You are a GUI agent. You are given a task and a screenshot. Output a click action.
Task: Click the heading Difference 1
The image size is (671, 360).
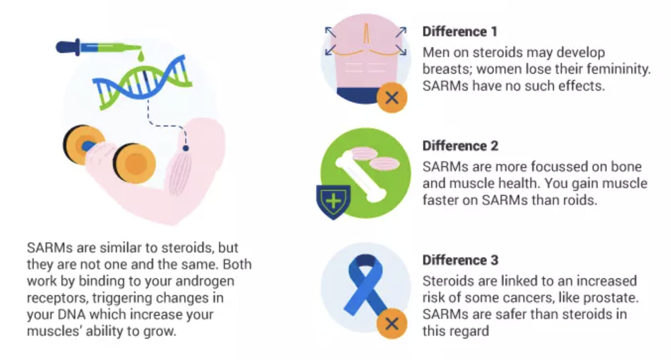pyautogui.click(x=460, y=32)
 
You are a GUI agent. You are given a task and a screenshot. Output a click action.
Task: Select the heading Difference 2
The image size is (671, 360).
pyautogui.click(x=460, y=146)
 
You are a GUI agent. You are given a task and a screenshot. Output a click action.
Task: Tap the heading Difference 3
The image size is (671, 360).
pyautogui.click(x=460, y=260)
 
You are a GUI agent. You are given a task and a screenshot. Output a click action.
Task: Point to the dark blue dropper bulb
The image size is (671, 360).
pyautogui.click(x=68, y=48)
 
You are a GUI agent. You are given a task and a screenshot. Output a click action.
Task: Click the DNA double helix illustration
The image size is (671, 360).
pyautogui.click(x=143, y=82)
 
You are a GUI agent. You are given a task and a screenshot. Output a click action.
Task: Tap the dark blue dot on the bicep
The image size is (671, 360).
pyautogui.click(x=186, y=148)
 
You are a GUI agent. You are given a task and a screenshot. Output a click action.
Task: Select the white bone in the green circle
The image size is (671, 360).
pyautogui.click(x=361, y=177)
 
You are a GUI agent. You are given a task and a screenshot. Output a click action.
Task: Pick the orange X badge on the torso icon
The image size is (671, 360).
pyautogui.click(x=392, y=98)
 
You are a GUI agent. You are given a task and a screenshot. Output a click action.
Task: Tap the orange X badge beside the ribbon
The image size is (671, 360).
pyautogui.click(x=392, y=324)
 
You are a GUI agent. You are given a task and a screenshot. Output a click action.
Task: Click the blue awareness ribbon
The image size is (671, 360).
pyautogui.click(x=366, y=285)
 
